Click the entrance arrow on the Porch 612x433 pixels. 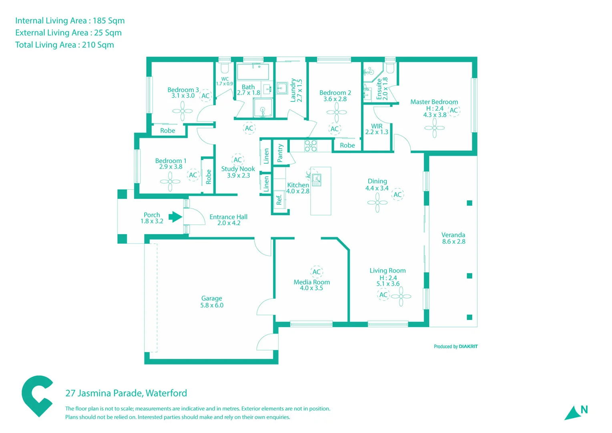point(175,217)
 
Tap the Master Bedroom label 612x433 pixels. point(434,102)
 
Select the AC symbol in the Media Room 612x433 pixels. point(316,272)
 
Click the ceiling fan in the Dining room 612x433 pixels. point(377,203)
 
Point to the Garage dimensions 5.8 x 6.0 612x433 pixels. point(212,305)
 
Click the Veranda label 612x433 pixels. point(453,235)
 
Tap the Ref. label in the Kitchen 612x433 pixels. point(279,200)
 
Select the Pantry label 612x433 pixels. point(280,153)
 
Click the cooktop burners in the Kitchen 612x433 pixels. point(311,146)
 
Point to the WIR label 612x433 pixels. point(377,126)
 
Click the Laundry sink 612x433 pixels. point(282,88)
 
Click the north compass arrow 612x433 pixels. point(573,413)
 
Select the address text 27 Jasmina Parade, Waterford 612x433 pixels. point(126,393)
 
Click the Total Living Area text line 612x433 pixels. point(64,45)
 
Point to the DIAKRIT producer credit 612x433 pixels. point(455,346)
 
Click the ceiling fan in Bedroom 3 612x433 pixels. point(183,111)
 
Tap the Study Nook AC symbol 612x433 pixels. point(238,160)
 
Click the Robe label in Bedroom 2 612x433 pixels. point(347,145)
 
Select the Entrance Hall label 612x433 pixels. point(228,217)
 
